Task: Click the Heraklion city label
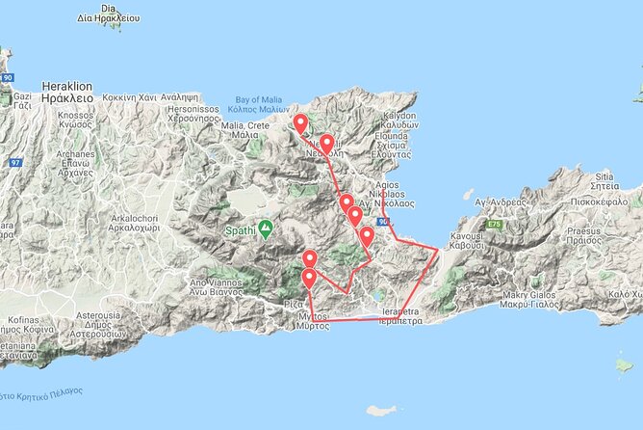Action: (x=66, y=92)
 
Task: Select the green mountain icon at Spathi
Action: (x=265, y=228)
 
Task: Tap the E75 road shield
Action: (x=495, y=224)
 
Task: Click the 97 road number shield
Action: (x=15, y=162)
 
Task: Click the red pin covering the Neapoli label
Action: (x=326, y=145)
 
